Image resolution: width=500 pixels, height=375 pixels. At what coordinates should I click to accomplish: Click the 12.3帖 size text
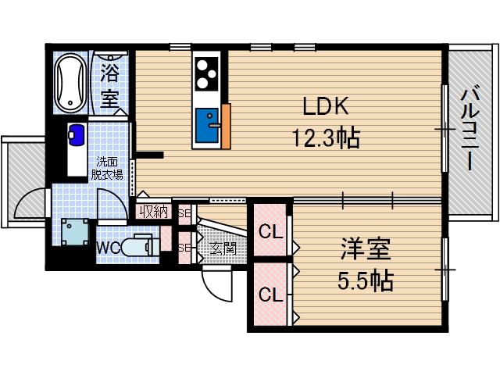pos(326,139)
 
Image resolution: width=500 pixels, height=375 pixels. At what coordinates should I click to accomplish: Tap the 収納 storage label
pos(154,211)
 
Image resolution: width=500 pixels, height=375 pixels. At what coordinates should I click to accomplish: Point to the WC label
pos(107,248)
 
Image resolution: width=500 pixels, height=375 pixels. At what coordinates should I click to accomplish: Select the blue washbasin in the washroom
pos(77,134)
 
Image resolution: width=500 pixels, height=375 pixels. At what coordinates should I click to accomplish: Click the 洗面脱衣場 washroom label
pos(109,169)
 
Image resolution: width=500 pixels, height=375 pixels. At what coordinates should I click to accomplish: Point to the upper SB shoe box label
pos(184,212)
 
